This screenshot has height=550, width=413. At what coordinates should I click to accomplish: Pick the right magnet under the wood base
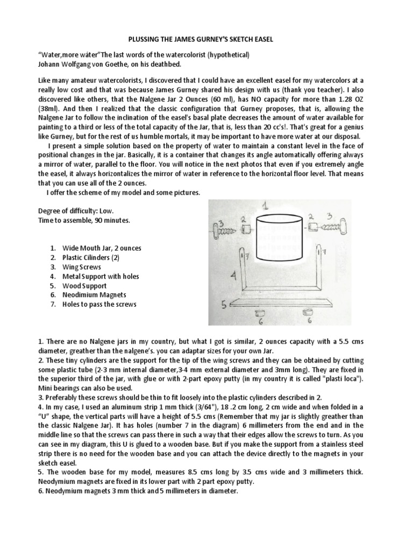308,312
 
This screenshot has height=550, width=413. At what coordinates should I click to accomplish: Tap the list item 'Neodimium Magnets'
94,295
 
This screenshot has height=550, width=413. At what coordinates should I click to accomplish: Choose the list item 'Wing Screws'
82,266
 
